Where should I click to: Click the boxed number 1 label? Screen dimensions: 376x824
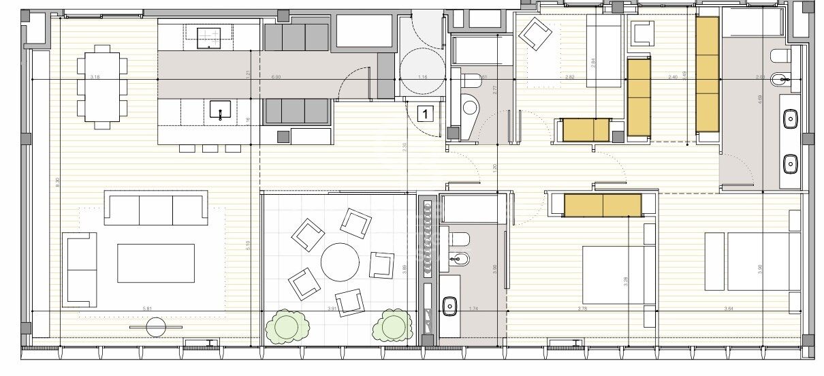pyautogui.click(x=426, y=114)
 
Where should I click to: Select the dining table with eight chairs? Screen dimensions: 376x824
pyautogui.click(x=101, y=87)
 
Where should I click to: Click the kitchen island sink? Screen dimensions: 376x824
pyautogui.click(x=220, y=110)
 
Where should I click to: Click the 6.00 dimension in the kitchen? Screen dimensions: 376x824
pyautogui.click(x=276, y=77)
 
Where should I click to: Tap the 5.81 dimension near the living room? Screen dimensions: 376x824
pyautogui.click(x=147, y=309)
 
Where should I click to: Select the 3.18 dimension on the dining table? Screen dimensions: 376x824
pyautogui.click(x=95, y=77)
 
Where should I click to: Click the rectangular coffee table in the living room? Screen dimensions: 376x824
pyautogui.click(x=156, y=263)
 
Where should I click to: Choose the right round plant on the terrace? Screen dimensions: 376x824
pyautogui.click(x=392, y=326)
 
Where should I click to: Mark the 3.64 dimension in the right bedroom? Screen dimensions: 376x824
pyautogui.click(x=729, y=309)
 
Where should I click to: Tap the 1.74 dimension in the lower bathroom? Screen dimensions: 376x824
pyautogui.click(x=473, y=309)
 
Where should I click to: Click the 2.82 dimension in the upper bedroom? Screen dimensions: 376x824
pyautogui.click(x=570, y=77)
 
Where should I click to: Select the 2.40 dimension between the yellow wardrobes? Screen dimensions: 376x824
pyautogui.click(x=673, y=77)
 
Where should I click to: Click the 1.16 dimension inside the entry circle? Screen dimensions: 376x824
pyautogui.click(x=423, y=77)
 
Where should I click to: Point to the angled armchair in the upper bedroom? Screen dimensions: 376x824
pyautogui.click(x=536, y=33)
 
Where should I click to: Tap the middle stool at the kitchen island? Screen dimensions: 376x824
pyautogui.click(x=210, y=148)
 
